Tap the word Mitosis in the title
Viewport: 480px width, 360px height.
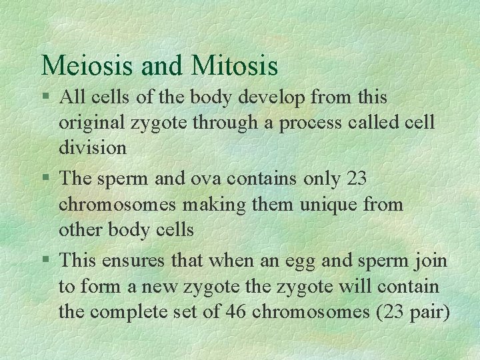point(234,65)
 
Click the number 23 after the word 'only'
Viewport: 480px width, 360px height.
point(357,179)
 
